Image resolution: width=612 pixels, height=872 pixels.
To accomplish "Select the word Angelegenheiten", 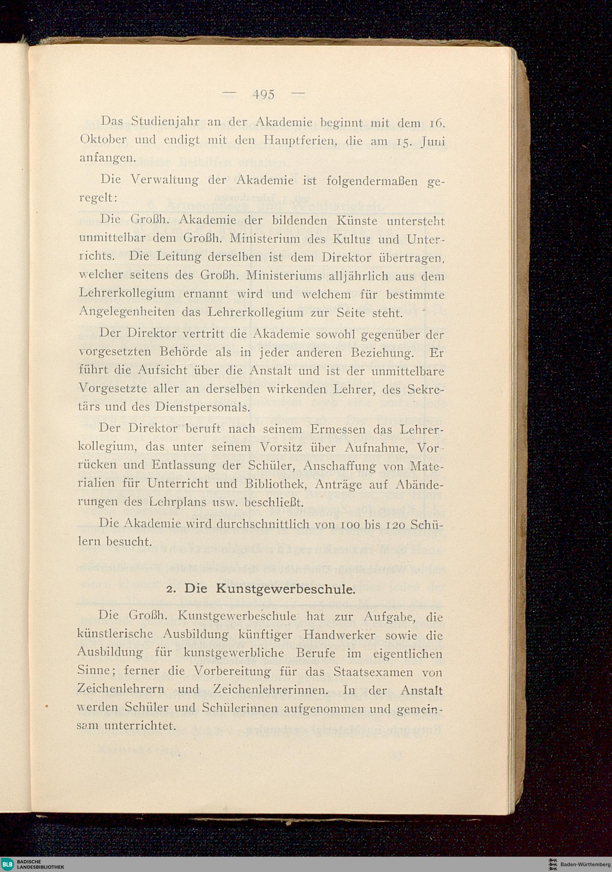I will tap(126, 312).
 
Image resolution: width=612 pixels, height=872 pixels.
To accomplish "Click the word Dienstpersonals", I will tap(202, 407).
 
